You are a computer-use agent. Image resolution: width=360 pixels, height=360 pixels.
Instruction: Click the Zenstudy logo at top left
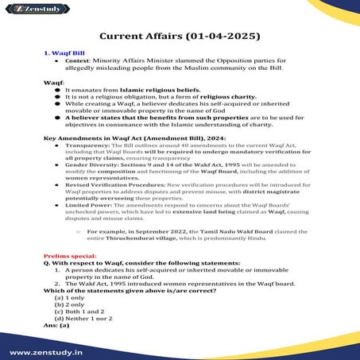29,10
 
